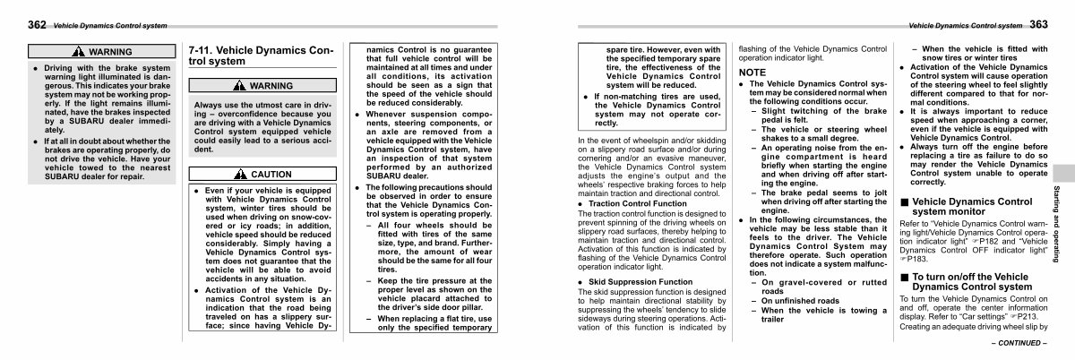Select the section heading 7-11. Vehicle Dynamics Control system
point(261,56)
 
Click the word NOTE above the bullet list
point(752,72)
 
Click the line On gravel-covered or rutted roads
point(818,287)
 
